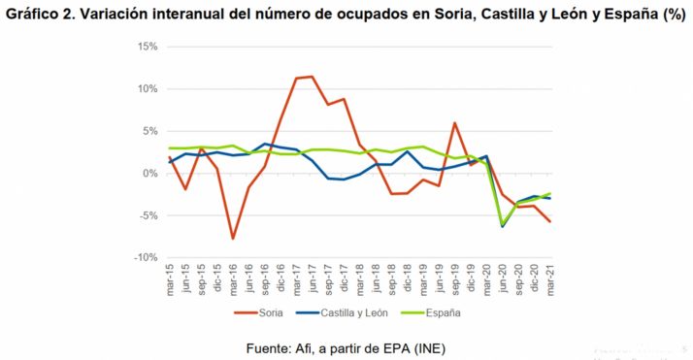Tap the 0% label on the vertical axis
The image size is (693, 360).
click(x=148, y=174)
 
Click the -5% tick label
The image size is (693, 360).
click(x=147, y=215)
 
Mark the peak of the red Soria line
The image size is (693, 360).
click(x=311, y=77)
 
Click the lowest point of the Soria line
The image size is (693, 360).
click(x=234, y=238)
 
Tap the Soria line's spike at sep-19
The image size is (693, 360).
click(x=454, y=123)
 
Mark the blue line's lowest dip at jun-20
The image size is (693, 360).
click(x=502, y=226)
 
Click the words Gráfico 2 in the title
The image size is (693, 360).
click(x=43, y=13)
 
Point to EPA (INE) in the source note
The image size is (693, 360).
click(x=412, y=346)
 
